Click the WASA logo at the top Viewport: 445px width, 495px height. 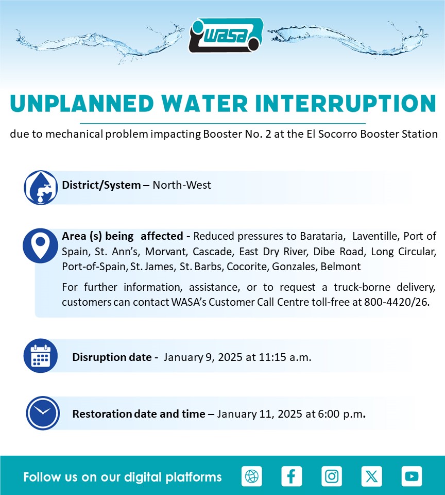point(226,35)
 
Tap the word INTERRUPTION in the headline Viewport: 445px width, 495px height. point(346,103)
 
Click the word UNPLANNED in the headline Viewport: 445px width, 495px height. point(82,103)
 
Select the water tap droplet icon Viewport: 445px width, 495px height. point(41,188)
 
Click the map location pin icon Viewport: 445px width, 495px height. point(40,245)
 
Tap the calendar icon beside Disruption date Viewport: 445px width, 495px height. point(41,356)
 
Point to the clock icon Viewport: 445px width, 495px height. point(43,413)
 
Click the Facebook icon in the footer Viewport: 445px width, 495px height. point(292,476)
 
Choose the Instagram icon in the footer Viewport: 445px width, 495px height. point(332,476)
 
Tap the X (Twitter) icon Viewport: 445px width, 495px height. point(371,476)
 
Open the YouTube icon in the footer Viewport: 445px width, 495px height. point(412,476)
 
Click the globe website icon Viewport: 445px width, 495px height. point(252,476)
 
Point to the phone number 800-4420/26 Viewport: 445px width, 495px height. point(397,302)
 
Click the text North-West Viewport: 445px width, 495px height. point(182,185)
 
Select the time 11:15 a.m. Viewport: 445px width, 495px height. point(285,357)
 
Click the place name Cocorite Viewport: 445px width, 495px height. point(248,267)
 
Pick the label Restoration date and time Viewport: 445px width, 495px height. point(139,414)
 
